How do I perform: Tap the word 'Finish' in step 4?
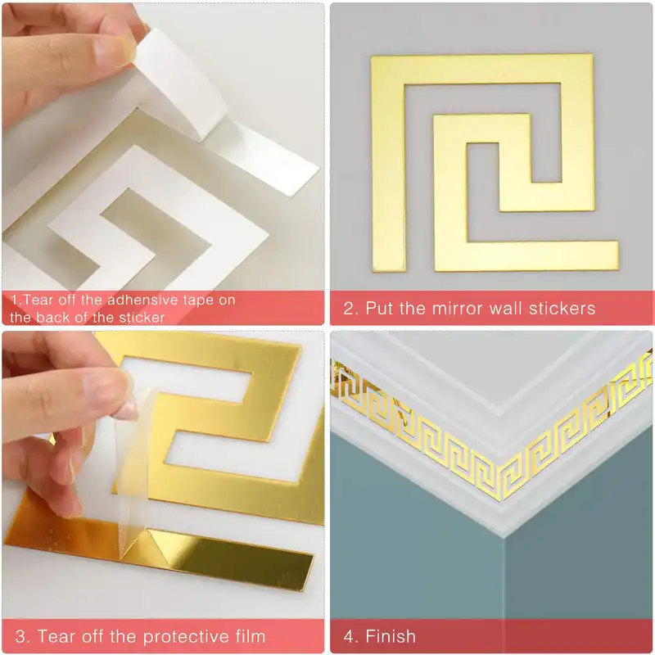(x=391, y=636)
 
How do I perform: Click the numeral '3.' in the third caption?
(x=23, y=636)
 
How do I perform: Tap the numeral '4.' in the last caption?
(x=351, y=636)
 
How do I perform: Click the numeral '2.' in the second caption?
(x=351, y=309)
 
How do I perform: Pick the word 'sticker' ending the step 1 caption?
(x=142, y=318)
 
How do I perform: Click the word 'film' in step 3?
(x=251, y=636)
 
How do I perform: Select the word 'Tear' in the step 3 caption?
(x=56, y=636)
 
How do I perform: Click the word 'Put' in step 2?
(x=379, y=309)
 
